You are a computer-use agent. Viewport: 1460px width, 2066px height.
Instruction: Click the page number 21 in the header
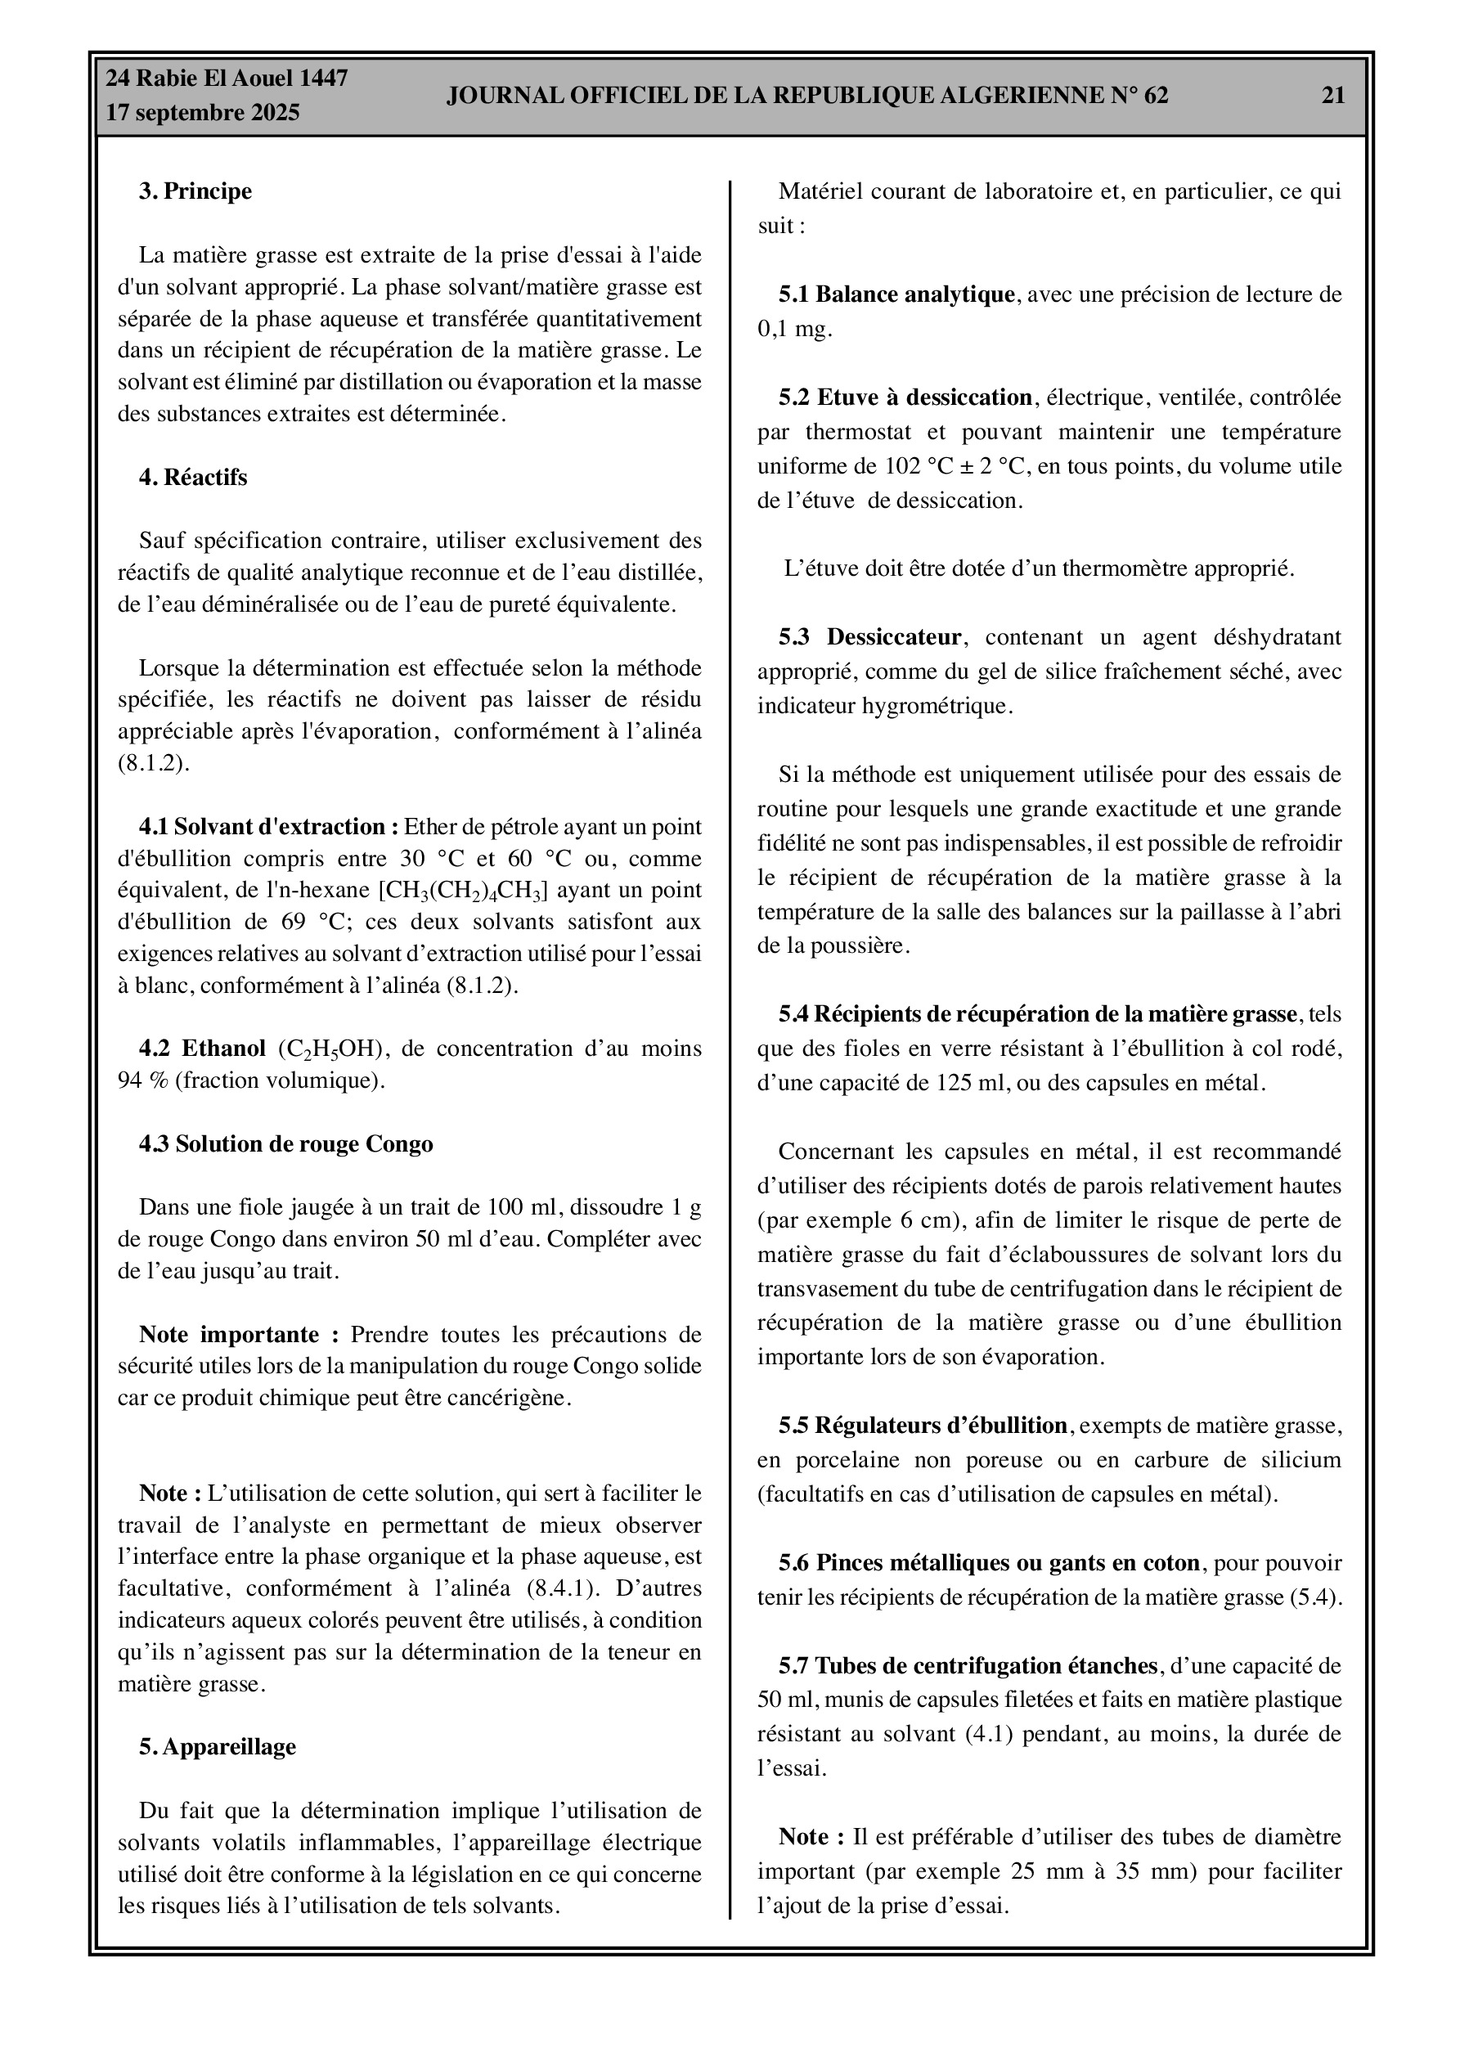(x=1332, y=96)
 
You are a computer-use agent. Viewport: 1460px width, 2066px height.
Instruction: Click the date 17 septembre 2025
(x=203, y=114)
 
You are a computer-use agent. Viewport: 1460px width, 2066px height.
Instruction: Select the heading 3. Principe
(x=195, y=191)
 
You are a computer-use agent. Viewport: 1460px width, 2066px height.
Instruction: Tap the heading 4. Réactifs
(x=193, y=478)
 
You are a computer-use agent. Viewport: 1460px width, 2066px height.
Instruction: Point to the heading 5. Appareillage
(x=217, y=1746)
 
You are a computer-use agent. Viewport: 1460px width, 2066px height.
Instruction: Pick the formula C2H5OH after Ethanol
(x=333, y=1049)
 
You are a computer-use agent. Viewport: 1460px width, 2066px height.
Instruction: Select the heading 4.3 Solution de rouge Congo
(x=285, y=1144)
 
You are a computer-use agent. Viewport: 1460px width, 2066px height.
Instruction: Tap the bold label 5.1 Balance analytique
(x=896, y=295)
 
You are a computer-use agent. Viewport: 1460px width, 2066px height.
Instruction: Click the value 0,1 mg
(x=794, y=330)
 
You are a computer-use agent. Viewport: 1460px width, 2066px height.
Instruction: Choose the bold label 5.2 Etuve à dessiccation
(x=905, y=397)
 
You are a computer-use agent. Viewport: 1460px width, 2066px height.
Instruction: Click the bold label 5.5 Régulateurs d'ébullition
(x=923, y=1426)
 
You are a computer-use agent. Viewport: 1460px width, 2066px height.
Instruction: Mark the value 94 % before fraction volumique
(x=142, y=1080)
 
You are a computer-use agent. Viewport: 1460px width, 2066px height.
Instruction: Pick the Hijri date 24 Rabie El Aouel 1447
(x=227, y=79)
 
